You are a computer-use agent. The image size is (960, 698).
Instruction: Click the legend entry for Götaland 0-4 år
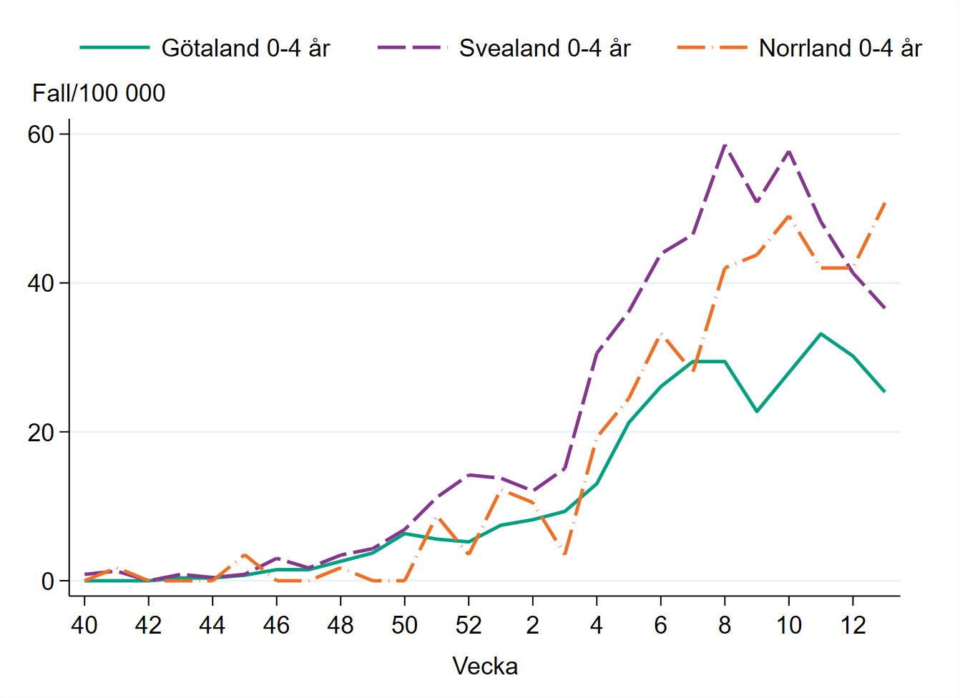pyautogui.click(x=245, y=48)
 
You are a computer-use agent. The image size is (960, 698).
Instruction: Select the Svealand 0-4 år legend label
pyautogui.click(x=544, y=48)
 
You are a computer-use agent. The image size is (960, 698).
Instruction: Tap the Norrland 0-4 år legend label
pyautogui.click(x=840, y=48)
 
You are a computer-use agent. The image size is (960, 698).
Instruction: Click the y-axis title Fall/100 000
pyautogui.click(x=99, y=93)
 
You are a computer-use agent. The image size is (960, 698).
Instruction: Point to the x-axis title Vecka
pyautogui.click(x=485, y=666)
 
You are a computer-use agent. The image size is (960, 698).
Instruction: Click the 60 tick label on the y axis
pyautogui.click(x=41, y=134)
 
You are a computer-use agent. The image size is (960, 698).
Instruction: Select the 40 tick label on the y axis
pyautogui.click(x=41, y=283)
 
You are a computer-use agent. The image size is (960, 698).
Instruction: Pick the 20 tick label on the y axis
pyautogui.click(x=41, y=433)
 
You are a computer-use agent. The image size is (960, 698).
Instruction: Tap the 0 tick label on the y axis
pyautogui.click(x=48, y=581)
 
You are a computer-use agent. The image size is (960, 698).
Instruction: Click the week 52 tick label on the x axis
pyautogui.click(x=469, y=626)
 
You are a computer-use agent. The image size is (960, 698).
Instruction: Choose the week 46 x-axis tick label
pyautogui.click(x=276, y=626)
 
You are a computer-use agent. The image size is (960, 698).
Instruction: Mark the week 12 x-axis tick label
pyautogui.click(x=853, y=626)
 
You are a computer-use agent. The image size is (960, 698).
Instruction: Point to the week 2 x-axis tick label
pyautogui.click(x=532, y=626)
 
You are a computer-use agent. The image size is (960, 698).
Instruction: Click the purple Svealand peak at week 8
pyautogui.click(x=725, y=145)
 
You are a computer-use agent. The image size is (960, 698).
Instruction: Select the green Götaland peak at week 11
pyautogui.click(x=821, y=333)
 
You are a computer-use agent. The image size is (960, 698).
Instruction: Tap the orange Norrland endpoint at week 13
pyautogui.click(x=885, y=203)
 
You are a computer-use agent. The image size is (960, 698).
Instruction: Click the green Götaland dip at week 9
pyautogui.click(x=757, y=411)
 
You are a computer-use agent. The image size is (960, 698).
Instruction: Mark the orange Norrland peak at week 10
pyautogui.click(x=789, y=216)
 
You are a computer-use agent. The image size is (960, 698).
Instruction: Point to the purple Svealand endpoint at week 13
pyautogui.click(x=885, y=308)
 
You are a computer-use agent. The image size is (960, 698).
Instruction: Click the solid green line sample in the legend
pyautogui.click(x=114, y=48)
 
